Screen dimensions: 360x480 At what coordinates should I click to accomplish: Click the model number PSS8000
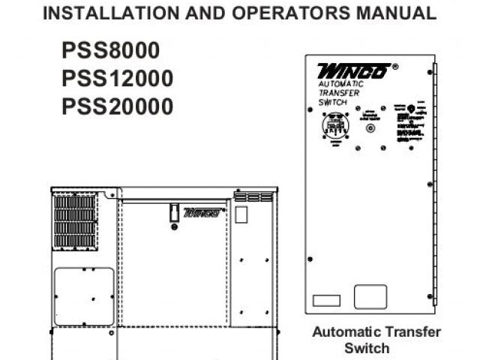click(x=110, y=51)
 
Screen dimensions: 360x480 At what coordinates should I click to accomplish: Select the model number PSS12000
click(x=117, y=78)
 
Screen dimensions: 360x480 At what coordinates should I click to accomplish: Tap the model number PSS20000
click(x=117, y=106)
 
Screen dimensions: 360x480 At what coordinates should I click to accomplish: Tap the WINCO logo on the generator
click(x=202, y=212)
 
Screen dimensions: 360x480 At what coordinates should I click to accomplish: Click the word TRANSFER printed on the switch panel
click(x=339, y=93)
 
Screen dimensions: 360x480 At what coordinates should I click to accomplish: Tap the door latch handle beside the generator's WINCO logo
click(x=172, y=212)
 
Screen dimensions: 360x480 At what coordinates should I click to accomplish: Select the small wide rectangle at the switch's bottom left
click(x=326, y=300)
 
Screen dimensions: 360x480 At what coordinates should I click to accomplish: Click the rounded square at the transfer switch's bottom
click(x=370, y=296)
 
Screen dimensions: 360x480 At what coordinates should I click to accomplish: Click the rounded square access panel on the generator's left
click(x=85, y=296)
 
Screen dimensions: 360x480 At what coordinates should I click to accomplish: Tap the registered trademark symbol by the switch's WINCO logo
click(x=395, y=66)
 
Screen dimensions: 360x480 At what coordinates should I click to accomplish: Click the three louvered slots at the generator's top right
click(x=253, y=196)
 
